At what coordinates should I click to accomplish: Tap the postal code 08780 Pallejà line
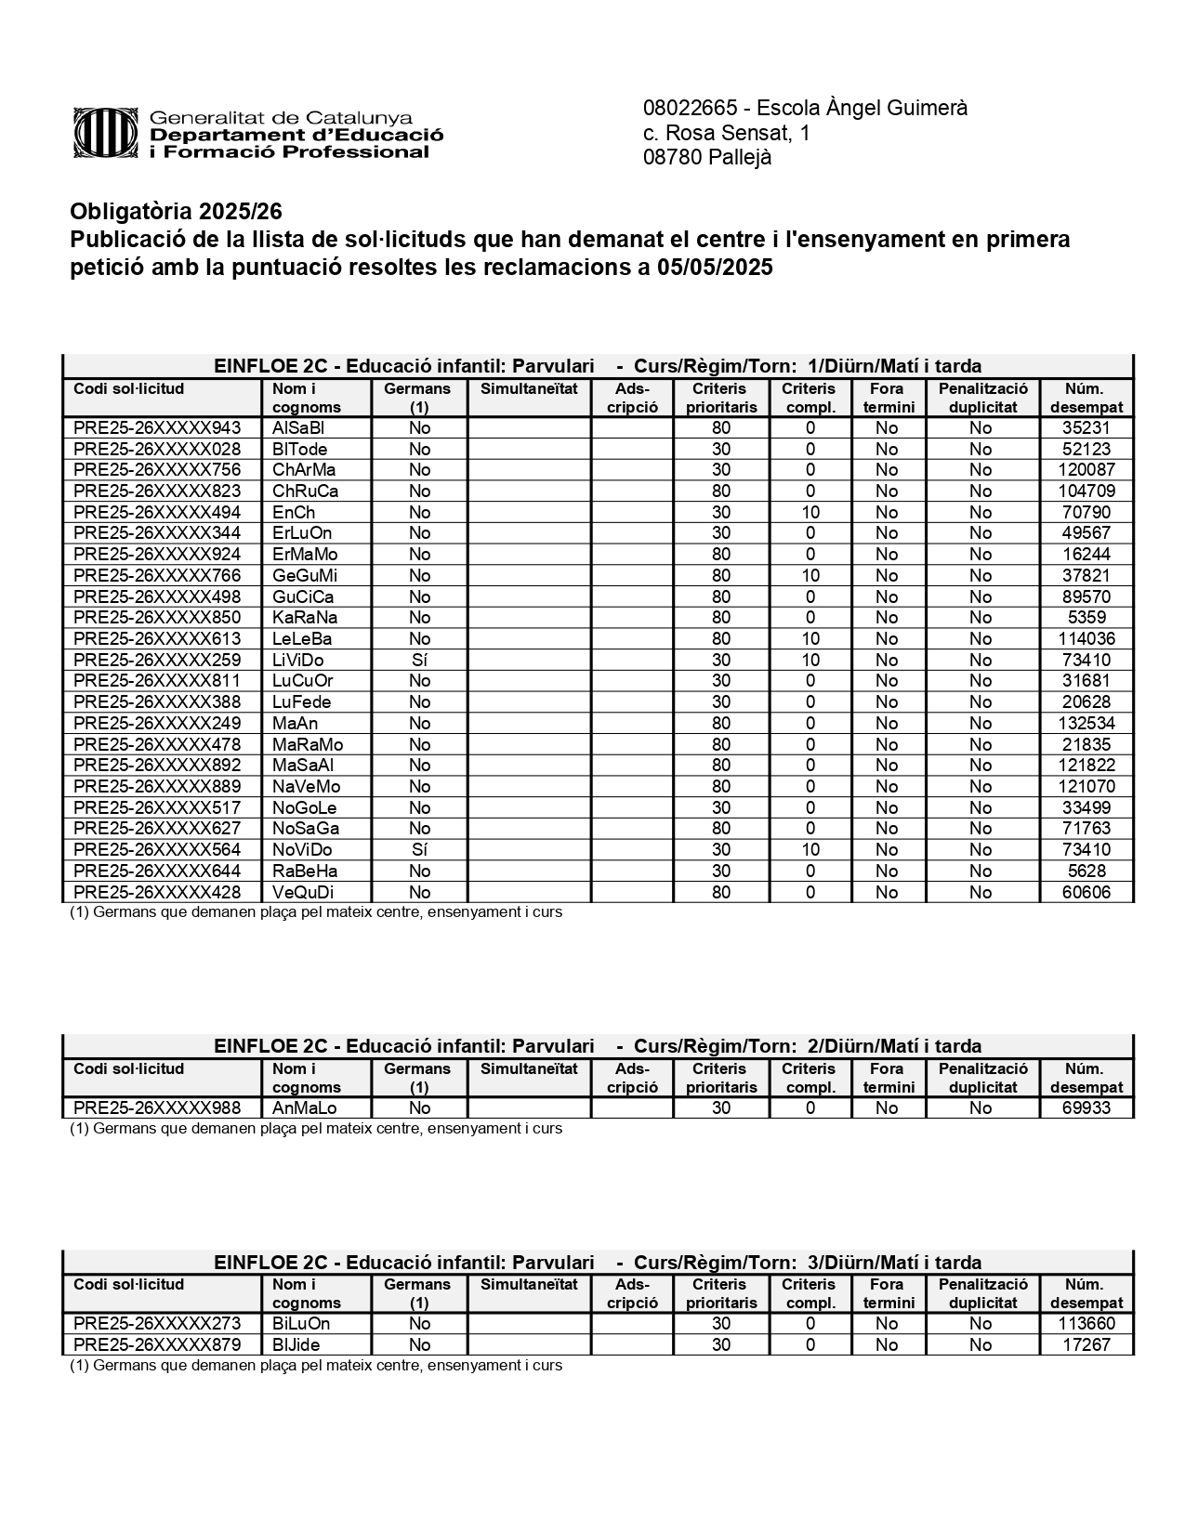tap(707, 158)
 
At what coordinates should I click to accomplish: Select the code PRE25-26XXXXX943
tap(157, 428)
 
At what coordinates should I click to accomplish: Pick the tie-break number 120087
tap(1086, 470)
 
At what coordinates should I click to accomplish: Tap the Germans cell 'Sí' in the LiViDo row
tap(419, 661)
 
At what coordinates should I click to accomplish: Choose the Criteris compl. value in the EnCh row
tap(810, 513)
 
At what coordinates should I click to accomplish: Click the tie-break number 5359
tap(1086, 618)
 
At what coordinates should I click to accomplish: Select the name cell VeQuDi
tap(303, 893)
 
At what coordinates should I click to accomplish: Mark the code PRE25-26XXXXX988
tap(157, 1108)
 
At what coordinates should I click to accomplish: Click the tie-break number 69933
tap(1086, 1108)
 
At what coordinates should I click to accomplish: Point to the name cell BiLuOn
tap(301, 1324)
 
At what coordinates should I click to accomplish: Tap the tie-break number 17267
tap(1086, 1345)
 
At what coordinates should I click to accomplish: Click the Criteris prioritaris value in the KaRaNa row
tap(721, 618)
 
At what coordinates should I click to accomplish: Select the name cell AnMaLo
tap(304, 1108)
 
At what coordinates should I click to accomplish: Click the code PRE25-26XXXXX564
tap(157, 850)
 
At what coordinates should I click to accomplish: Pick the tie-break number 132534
tap(1086, 724)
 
